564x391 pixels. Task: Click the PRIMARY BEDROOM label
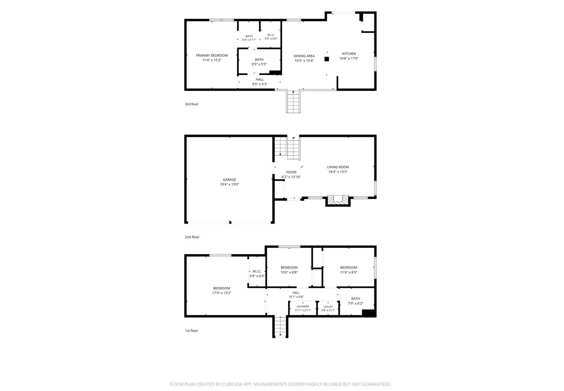[212, 55]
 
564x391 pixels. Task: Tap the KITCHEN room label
[349, 54]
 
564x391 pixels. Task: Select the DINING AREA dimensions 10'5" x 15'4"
[304, 61]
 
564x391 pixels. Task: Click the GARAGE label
[230, 180]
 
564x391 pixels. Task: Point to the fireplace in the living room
[338, 201]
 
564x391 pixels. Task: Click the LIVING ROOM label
[338, 167]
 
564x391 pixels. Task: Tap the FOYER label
[291, 172]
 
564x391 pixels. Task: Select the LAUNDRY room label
[303, 306]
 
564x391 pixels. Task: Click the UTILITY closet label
[328, 307]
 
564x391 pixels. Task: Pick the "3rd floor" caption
[192, 104]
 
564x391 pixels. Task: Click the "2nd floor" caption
[192, 237]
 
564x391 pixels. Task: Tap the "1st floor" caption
[191, 331]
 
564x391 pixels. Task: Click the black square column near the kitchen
[327, 59]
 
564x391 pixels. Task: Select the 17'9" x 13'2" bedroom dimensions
[221, 293]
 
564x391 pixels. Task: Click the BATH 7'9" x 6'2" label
[356, 301]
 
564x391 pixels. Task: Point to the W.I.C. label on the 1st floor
[257, 271]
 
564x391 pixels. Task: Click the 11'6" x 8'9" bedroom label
[349, 270]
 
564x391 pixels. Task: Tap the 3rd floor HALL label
[260, 80]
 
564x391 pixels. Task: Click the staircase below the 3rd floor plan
[293, 102]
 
